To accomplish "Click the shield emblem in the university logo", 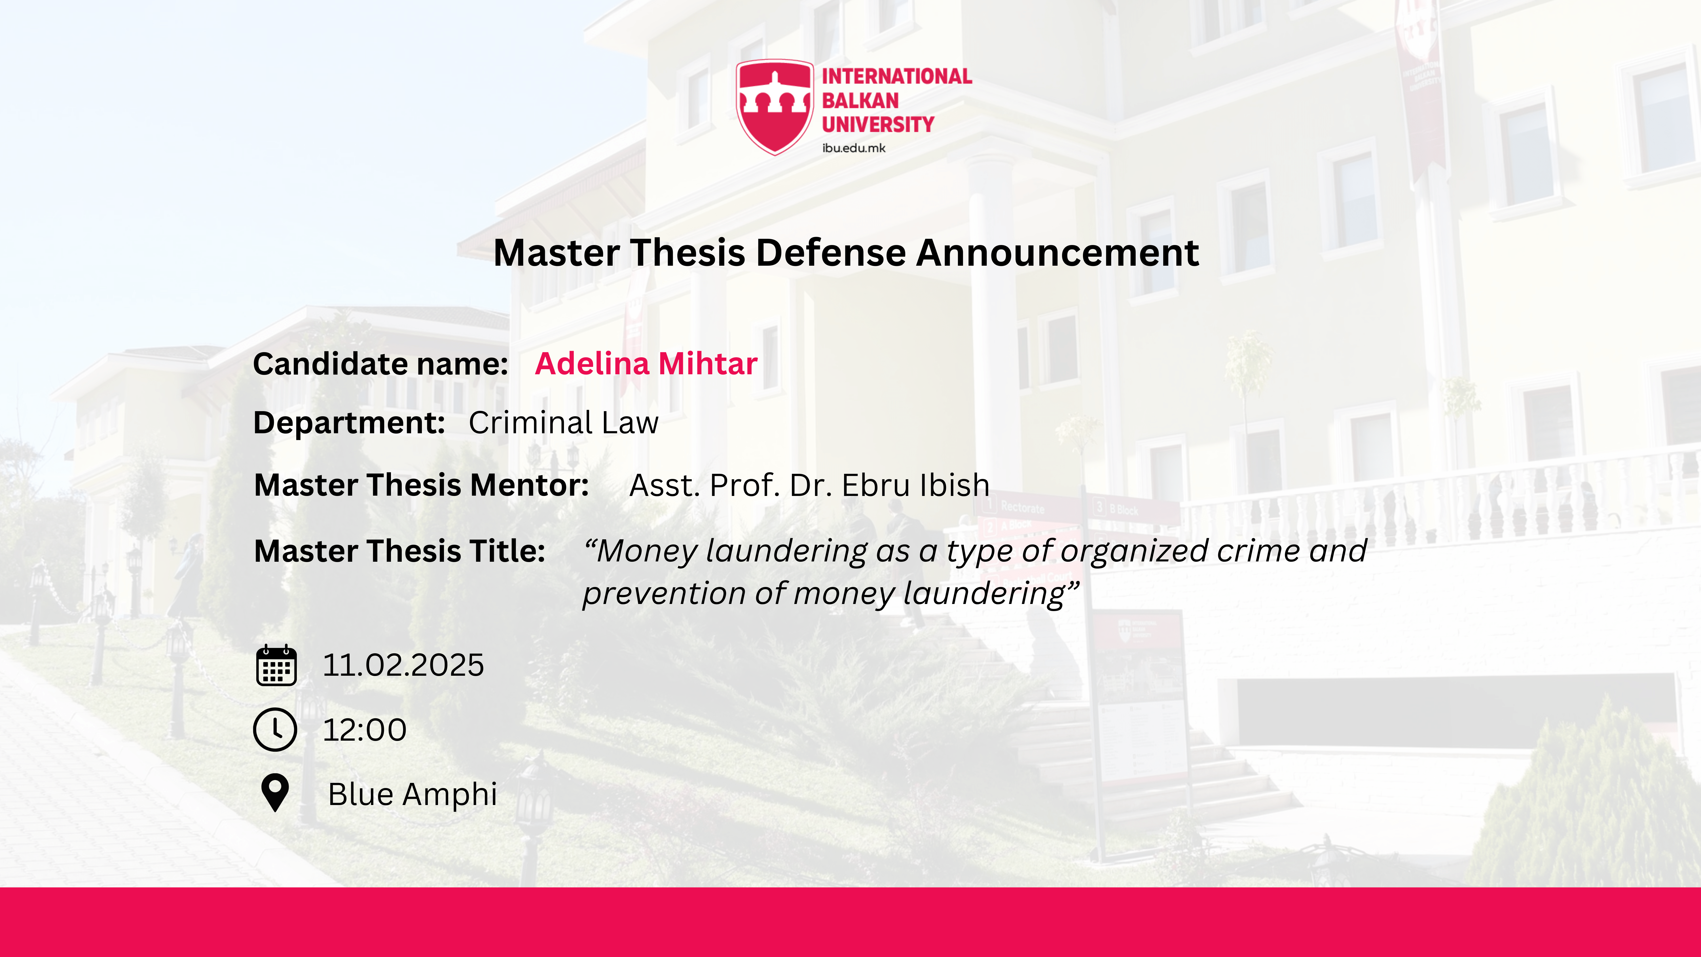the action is [775, 107].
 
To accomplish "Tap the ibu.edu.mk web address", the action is [853, 148].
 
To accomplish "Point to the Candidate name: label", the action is [380, 364].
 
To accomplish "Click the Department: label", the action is [349, 423].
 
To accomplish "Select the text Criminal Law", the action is [563, 423].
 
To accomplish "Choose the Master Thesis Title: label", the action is [399, 551].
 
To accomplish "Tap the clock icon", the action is [275, 730].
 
